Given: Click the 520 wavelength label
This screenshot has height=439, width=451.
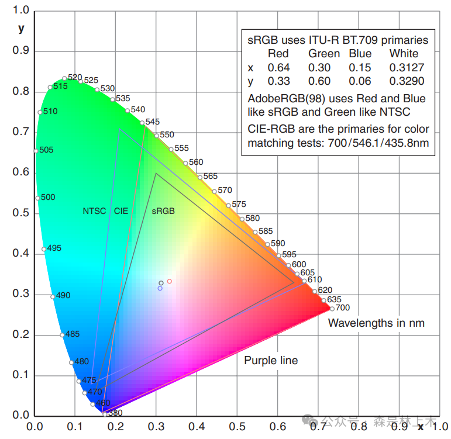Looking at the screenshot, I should [75, 77].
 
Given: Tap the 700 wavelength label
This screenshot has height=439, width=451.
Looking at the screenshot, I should [343, 307].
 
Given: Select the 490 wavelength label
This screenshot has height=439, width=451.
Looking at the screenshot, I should [63, 295].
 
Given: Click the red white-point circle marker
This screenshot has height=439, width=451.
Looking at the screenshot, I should [170, 281].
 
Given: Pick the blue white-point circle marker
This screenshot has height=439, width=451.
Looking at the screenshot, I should [160, 288].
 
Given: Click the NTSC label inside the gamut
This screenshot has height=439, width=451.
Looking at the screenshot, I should [94, 211].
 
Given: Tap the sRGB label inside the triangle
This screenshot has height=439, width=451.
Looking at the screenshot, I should [163, 211].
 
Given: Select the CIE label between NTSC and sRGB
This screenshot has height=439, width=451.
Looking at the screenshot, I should [121, 211].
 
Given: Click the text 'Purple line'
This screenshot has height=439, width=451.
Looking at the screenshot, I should [271, 361].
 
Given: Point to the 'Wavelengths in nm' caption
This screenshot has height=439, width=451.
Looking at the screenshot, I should [376, 323].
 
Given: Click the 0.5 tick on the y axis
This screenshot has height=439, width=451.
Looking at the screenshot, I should [21, 213].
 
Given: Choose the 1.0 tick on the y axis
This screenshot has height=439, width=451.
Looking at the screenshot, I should [21, 11].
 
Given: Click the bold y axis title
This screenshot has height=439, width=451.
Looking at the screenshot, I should [22, 28].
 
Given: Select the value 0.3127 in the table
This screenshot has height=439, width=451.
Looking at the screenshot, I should [407, 68].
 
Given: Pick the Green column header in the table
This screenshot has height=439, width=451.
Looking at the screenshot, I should [324, 54].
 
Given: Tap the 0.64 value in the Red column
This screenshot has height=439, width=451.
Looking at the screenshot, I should [278, 68].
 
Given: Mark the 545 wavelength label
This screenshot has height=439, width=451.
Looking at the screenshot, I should [152, 122].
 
